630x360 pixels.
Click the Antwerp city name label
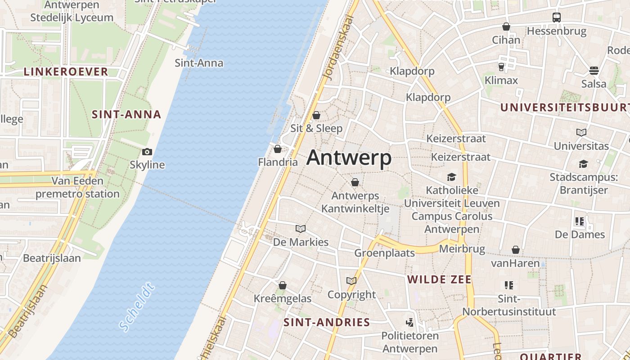(349, 158)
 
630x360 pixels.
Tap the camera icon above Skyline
(147, 152)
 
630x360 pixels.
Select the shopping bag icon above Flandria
(278, 148)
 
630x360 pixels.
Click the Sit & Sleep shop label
(316, 128)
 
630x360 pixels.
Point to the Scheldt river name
(137, 307)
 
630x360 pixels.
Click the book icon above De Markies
(301, 229)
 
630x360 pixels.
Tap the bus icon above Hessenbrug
(557, 18)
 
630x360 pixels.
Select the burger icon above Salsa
(594, 71)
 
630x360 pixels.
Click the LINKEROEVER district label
(66, 72)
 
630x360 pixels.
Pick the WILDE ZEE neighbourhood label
(439, 279)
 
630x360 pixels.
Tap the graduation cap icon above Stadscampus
(583, 164)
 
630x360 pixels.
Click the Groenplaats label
(384, 253)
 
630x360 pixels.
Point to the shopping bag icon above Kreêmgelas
(283, 285)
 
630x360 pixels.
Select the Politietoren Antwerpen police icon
(409, 322)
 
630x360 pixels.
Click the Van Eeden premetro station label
(77, 187)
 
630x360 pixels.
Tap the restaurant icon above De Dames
(579, 221)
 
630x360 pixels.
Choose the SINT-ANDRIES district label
(327, 322)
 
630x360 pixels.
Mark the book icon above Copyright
(351, 281)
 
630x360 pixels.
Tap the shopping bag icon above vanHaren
(516, 250)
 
